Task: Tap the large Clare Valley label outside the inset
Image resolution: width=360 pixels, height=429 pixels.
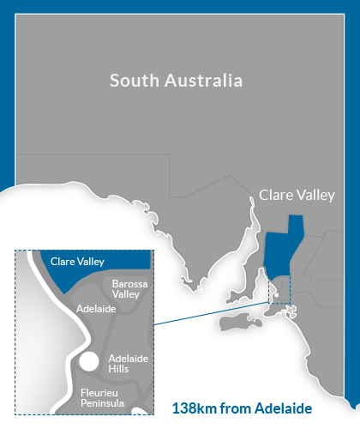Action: coord(297,196)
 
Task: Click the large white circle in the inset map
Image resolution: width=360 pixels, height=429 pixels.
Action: coord(88,360)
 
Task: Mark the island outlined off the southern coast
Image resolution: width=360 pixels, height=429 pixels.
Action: coord(244,323)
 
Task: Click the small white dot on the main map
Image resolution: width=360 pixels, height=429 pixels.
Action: coord(275,297)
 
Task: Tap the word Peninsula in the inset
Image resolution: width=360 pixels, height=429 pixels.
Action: coord(102,402)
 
